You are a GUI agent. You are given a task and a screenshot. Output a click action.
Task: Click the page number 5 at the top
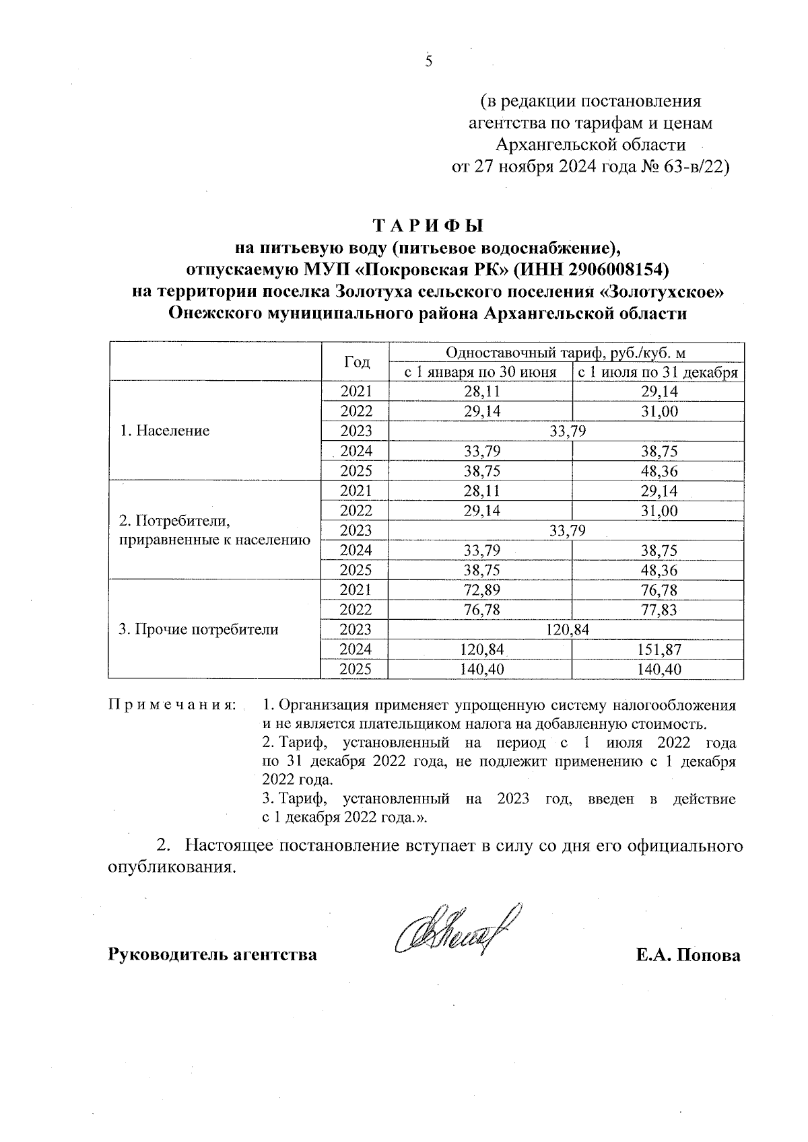[x=428, y=62]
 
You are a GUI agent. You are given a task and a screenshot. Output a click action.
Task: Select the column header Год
[x=356, y=362]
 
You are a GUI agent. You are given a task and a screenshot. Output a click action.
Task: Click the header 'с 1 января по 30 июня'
[x=480, y=372]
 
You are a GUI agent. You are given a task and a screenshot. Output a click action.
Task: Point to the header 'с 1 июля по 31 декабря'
[x=657, y=372]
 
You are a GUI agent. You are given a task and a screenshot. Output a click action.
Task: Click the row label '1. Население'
[x=164, y=431]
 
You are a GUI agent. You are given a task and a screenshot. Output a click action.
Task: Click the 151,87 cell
[x=658, y=649]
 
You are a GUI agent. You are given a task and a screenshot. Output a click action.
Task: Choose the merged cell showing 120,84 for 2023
[x=567, y=630]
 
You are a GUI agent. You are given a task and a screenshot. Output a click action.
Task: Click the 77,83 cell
[x=658, y=610]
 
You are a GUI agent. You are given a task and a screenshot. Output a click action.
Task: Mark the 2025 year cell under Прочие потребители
[x=356, y=670]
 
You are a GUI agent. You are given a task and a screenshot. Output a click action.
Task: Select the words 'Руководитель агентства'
[x=213, y=956]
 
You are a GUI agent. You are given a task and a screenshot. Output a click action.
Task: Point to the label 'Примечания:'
[x=172, y=706]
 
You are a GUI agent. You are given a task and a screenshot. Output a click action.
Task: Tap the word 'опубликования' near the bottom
[x=172, y=867]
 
